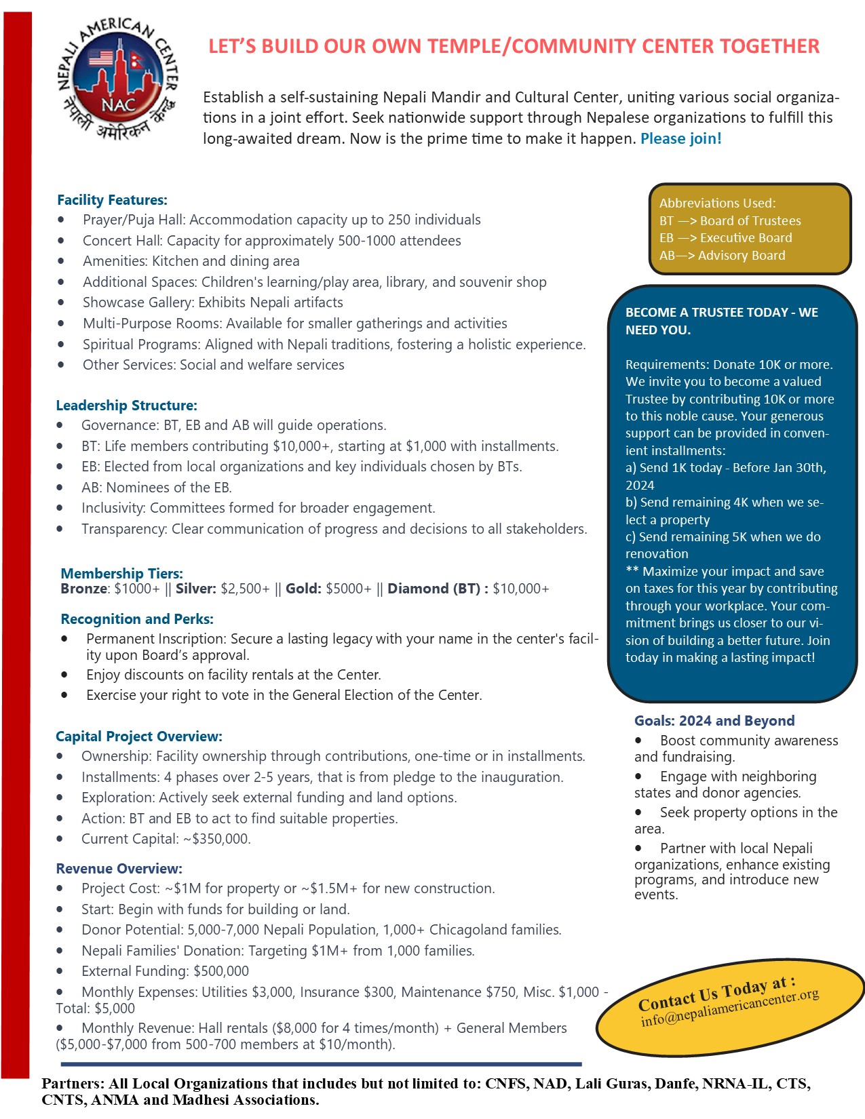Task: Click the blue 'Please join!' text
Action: click(x=680, y=139)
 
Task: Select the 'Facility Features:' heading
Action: click(x=112, y=200)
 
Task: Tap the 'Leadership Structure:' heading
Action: click(x=126, y=406)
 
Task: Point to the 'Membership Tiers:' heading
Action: click(x=121, y=573)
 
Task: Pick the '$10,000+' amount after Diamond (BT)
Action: click(x=521, y=589)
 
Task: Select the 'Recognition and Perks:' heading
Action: click(x=137, y=619)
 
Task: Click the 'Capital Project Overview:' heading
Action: click(x=139, y=737)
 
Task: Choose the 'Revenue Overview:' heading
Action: click(x=119, y=869)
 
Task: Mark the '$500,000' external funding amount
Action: click(x=221, y=971)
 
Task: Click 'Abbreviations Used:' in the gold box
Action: click(x=717, y=203)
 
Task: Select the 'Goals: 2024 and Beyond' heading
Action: click(x=714, y=721)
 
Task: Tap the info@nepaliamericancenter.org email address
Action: click(x=730, y=1008)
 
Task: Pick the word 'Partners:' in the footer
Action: click(x=73, y=1083)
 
